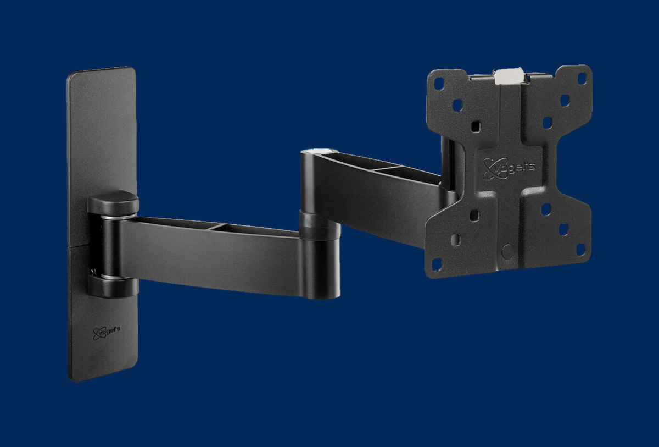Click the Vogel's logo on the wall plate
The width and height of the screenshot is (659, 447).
[106, 333]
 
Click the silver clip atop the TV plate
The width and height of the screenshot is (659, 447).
[509, 76]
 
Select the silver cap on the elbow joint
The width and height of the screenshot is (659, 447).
[320, 151]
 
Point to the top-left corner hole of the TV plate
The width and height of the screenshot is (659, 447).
[439, 84]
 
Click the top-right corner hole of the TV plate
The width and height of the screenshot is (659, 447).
[582, 78]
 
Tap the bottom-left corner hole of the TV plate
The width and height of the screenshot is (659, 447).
[437, 264]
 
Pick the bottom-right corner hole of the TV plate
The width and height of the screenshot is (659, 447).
[581, 250]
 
